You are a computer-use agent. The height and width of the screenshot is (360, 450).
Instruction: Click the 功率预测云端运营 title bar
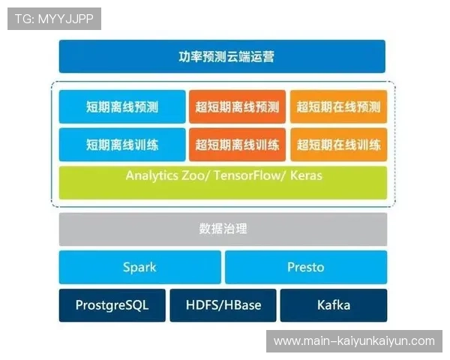(222, 56)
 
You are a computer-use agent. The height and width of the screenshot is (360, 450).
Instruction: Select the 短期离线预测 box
(122, 106)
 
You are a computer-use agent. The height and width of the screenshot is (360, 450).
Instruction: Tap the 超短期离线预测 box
(237, 106)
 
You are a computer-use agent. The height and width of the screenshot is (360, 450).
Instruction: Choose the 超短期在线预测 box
(338, 106)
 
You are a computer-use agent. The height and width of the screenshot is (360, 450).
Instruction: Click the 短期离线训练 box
(122, 144)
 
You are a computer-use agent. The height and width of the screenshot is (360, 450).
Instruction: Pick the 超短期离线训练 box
(237, 144)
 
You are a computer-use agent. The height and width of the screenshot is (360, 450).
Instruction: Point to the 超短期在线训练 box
(338, 144)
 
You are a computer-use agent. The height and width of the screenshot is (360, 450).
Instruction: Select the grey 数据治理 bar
(223, 229)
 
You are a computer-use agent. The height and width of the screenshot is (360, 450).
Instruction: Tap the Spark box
(139, 267)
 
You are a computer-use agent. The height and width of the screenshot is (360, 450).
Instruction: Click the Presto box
(306, 267)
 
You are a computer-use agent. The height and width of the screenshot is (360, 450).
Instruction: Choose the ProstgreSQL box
(112, 305)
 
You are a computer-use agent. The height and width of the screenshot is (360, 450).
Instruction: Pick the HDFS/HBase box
(223, 305)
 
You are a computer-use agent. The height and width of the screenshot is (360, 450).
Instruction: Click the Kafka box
(334, 305)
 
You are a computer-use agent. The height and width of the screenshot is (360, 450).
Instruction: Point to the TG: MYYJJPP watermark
(54, 19)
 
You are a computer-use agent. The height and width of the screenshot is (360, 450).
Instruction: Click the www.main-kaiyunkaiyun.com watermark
(354, 341)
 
